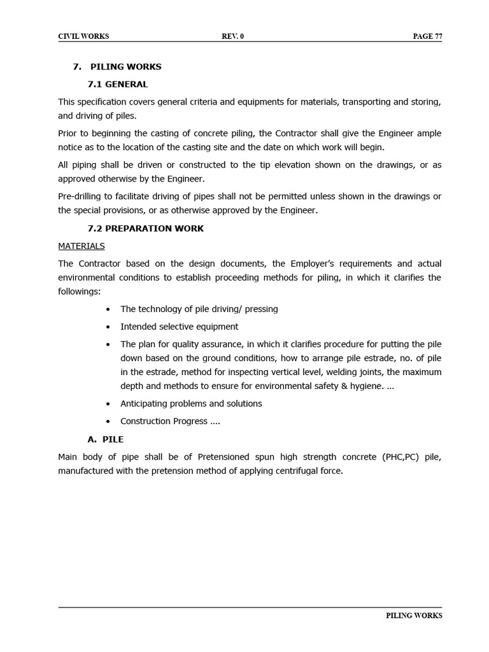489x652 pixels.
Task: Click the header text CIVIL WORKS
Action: pyautogui.click(x=83, y=36)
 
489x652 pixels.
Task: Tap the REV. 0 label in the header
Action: pyautogui.click(x=232, y=36)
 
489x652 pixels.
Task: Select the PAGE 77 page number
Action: pyautogui.click(x=427, y=36)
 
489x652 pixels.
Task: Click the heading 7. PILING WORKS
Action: pyautogui.click(x=117, y=66)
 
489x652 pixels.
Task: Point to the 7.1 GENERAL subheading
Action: pyautogui.click(x=117, y=84)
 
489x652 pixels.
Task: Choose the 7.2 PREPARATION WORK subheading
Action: pyautogui.click(x=145, y=229)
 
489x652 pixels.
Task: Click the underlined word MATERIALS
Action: pyautogui.click(x=81, y=246)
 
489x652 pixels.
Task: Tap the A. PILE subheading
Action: pyautogui.click(x=105, y=439)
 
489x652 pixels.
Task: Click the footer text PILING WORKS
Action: pyautogui.click(x=414, y=616)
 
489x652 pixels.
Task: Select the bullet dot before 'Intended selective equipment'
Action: pyautogui.click(x=108, y=327)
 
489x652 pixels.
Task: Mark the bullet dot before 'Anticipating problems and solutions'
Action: pyautogui.click(x=108, y=404)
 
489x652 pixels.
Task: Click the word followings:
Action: pyautogui.click(x=80, y=292)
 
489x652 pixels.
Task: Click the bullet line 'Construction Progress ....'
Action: pyautogui.click(x=170, y=422)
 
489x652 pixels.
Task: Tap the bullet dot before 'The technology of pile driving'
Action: pyautogui.click(x=108, y=309)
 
